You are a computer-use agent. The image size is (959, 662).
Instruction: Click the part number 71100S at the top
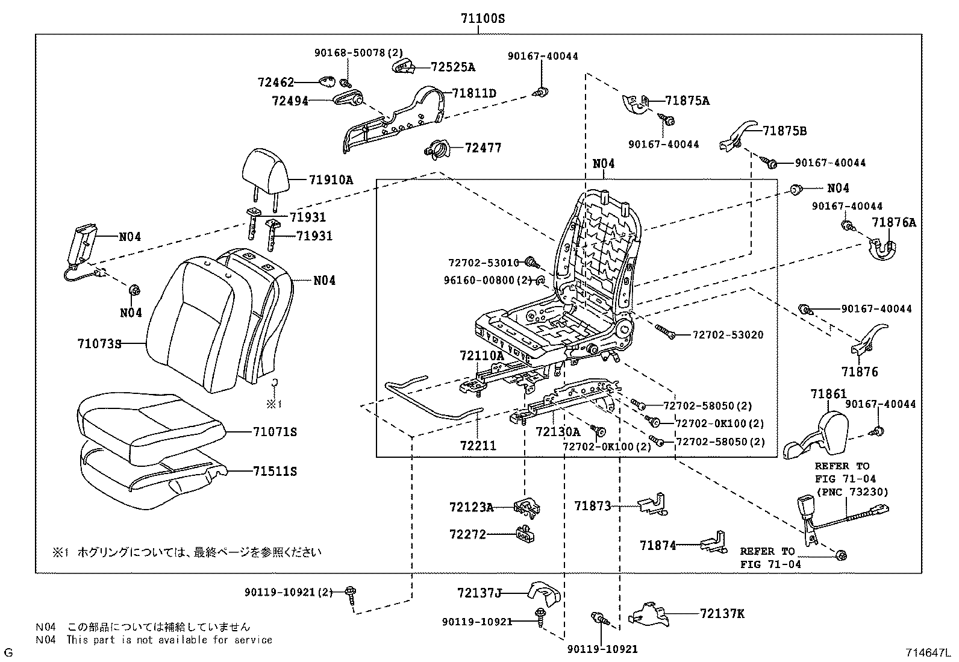tap(483, 19)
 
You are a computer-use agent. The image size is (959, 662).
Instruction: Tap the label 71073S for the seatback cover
tap(99, 344)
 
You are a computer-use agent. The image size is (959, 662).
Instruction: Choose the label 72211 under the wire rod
tap(478, 446)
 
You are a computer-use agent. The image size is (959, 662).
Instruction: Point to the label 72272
tap(467, 534)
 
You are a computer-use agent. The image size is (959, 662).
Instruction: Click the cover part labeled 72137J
tap(543, 593)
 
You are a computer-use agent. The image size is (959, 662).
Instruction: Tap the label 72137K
tap(722, 614)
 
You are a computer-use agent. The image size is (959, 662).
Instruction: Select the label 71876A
tap(893, 223)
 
